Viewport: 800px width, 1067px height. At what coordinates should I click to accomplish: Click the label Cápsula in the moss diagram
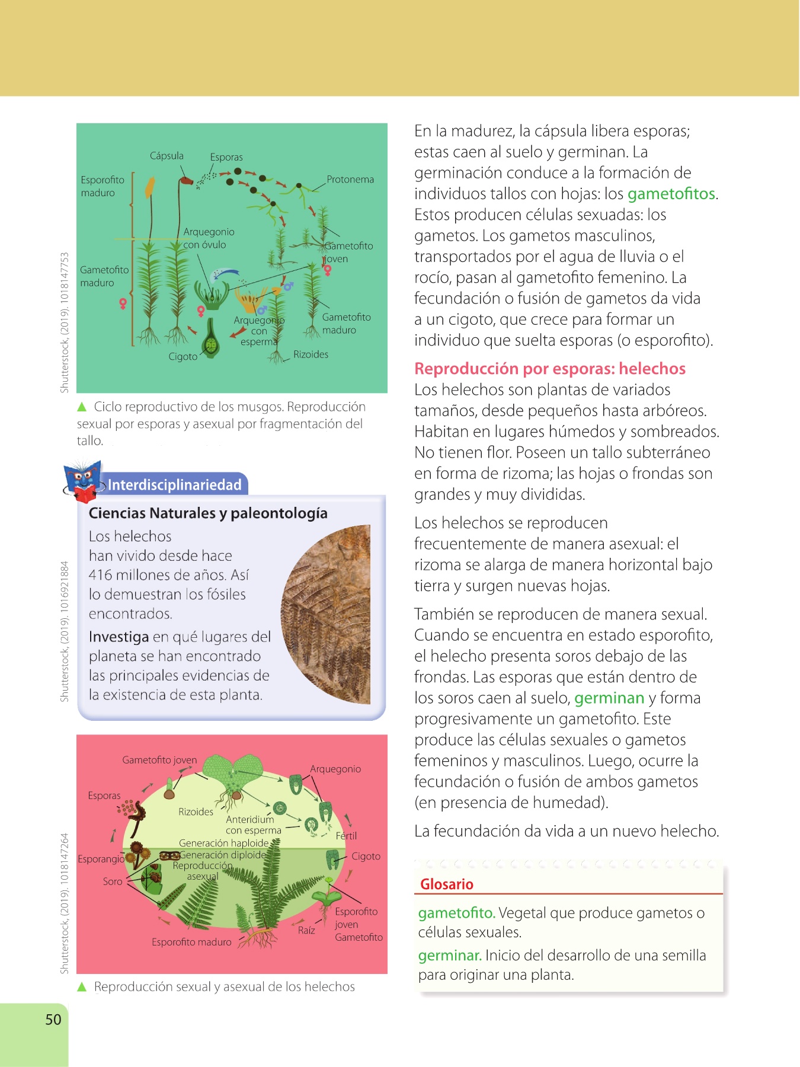pos(167,156)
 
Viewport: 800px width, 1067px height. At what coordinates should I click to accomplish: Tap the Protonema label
pos(350,180)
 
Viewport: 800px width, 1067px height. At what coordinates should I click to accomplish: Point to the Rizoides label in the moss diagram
pos(311,354)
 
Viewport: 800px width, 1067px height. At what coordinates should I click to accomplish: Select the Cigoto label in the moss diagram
pos(183,357)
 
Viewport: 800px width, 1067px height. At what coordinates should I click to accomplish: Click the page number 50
pos(53,1020)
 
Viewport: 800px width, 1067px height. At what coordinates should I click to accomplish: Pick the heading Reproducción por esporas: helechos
pos(549,369)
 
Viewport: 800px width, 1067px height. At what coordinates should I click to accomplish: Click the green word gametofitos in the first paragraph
pos(671,194)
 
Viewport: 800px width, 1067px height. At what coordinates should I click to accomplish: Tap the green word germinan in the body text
pos(609,698)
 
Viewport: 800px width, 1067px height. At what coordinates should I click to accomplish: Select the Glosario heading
pos(447,884)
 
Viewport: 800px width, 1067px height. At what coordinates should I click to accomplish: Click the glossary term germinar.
pos(449,956)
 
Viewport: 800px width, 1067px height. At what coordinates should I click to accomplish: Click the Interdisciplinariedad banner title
pos(175,485)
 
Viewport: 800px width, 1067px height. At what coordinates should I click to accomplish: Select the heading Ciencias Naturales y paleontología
pos(208,513)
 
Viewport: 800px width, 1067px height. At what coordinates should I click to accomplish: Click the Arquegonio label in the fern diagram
pos(335,769)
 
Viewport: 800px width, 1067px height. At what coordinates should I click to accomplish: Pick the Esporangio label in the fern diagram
pos(101,859)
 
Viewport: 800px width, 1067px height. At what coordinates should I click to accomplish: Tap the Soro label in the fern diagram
pos(113,881)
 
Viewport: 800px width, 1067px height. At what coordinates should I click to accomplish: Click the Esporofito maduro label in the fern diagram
pos(191,942)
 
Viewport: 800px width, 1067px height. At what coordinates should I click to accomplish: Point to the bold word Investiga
pos(119,637)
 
